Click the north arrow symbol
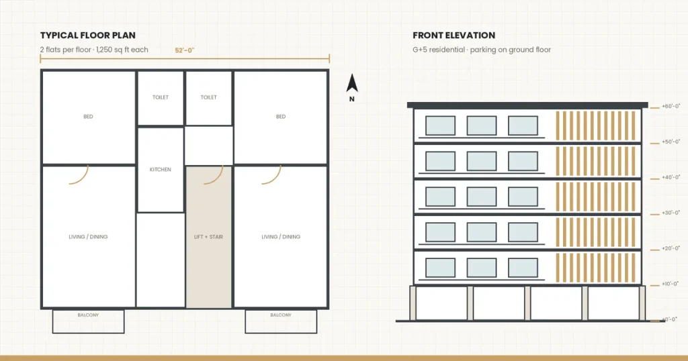point(352,83)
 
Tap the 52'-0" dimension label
point(184,50)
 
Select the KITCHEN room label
point(160,170)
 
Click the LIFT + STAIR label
point(208,237)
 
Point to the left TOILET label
point(161,97)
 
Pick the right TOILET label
point(209,97)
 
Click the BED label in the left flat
point(88,117)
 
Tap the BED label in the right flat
point(281,117)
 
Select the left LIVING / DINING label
point(88,237)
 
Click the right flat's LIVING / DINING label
point(281,237)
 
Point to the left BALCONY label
point(88,315)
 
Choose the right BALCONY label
point(281,315)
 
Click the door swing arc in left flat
point(83,178)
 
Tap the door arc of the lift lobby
point(218,178)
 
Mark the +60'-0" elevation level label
point(671,107)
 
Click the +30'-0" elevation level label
point(671,213)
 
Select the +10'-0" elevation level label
point(671,284)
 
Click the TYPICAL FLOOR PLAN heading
point(88,36)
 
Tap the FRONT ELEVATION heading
point(454,36)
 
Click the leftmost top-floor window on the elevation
point(440,125)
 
